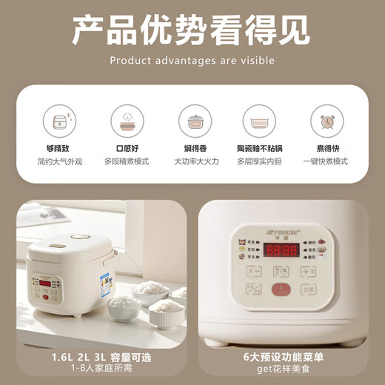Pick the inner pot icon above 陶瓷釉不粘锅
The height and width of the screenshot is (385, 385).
tap(259, 119)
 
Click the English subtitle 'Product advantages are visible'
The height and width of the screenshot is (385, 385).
tap(192, 60)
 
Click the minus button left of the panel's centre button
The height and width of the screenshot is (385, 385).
tap(254, 271)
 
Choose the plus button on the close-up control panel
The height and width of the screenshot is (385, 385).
tap(309, 271)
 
